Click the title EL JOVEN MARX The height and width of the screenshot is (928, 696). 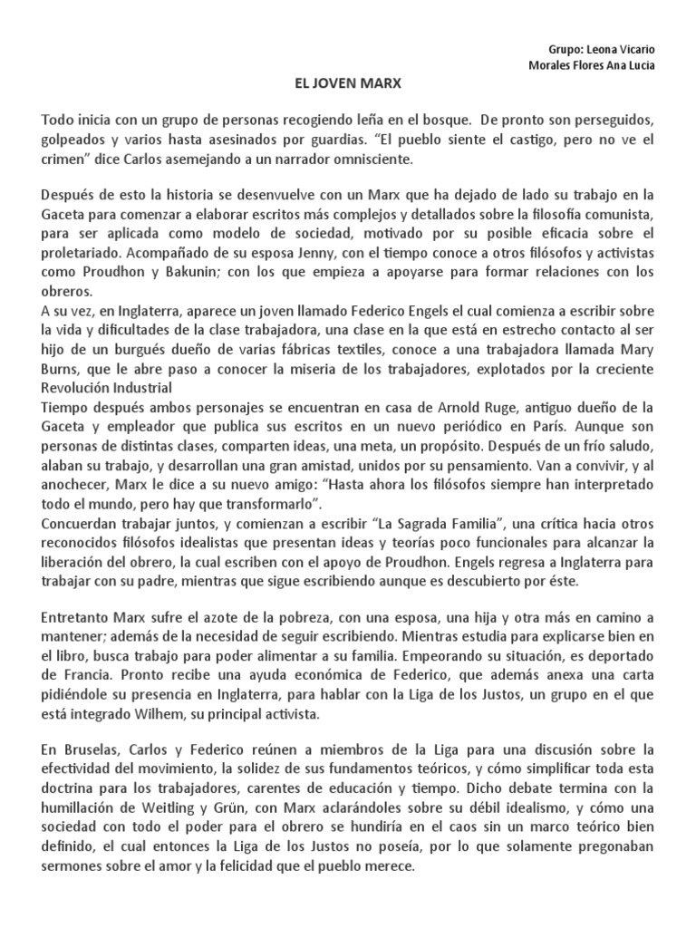tap(348, 83)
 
